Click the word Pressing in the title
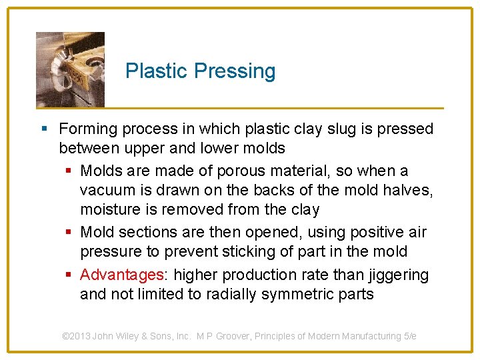pyautogui.click(x=237, y=71)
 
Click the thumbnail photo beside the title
pyautogui.click(x=70, y=69)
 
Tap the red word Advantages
pyautogui.click(x=122, y=275)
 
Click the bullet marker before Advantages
pyautogui.click(x=69, y=275)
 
